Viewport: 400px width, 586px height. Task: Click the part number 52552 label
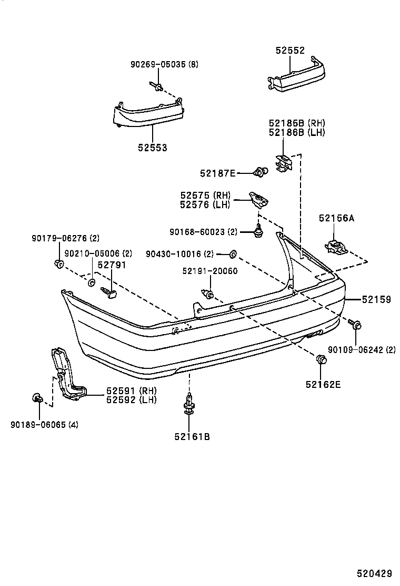point(290,51)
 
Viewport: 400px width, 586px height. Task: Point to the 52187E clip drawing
point(260,171)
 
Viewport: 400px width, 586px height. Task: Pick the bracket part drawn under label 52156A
point(335,246)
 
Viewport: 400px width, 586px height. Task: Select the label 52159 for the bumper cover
point(376,299)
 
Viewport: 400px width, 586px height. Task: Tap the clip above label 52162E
point(320,360)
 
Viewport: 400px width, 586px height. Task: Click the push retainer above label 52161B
point(188,405)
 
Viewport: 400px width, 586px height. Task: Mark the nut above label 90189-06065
point(37,398)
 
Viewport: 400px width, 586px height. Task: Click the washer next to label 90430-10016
point(232,255)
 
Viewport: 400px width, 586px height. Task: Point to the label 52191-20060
point(210,271)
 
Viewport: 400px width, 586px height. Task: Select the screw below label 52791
point(110,291)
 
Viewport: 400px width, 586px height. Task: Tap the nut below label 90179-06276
point(58,263)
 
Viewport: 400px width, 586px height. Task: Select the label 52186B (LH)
point(296,132)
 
